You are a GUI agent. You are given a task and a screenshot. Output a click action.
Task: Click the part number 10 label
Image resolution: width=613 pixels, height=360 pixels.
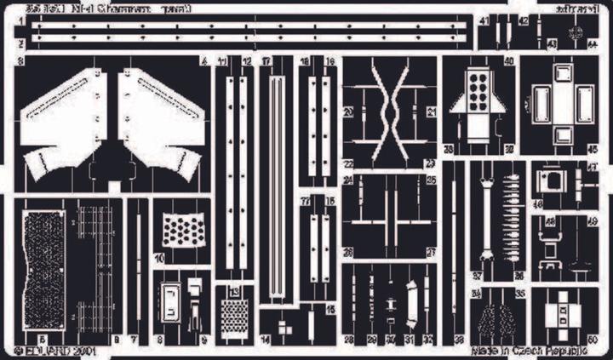(158, 257)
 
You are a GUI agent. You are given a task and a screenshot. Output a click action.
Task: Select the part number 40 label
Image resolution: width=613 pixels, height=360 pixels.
(509, 61)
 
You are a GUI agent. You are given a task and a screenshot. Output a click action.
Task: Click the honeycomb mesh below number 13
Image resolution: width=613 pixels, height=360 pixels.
(234, 321)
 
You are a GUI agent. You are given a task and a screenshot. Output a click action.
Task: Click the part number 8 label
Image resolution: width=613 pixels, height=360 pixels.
(160, 340)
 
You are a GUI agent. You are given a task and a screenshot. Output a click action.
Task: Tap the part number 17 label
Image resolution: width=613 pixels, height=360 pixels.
(266, 61)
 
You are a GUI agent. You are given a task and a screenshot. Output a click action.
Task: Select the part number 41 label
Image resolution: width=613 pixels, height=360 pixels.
(484, 20)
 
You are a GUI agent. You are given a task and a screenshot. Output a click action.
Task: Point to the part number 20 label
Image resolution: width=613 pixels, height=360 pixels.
(347, 111)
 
